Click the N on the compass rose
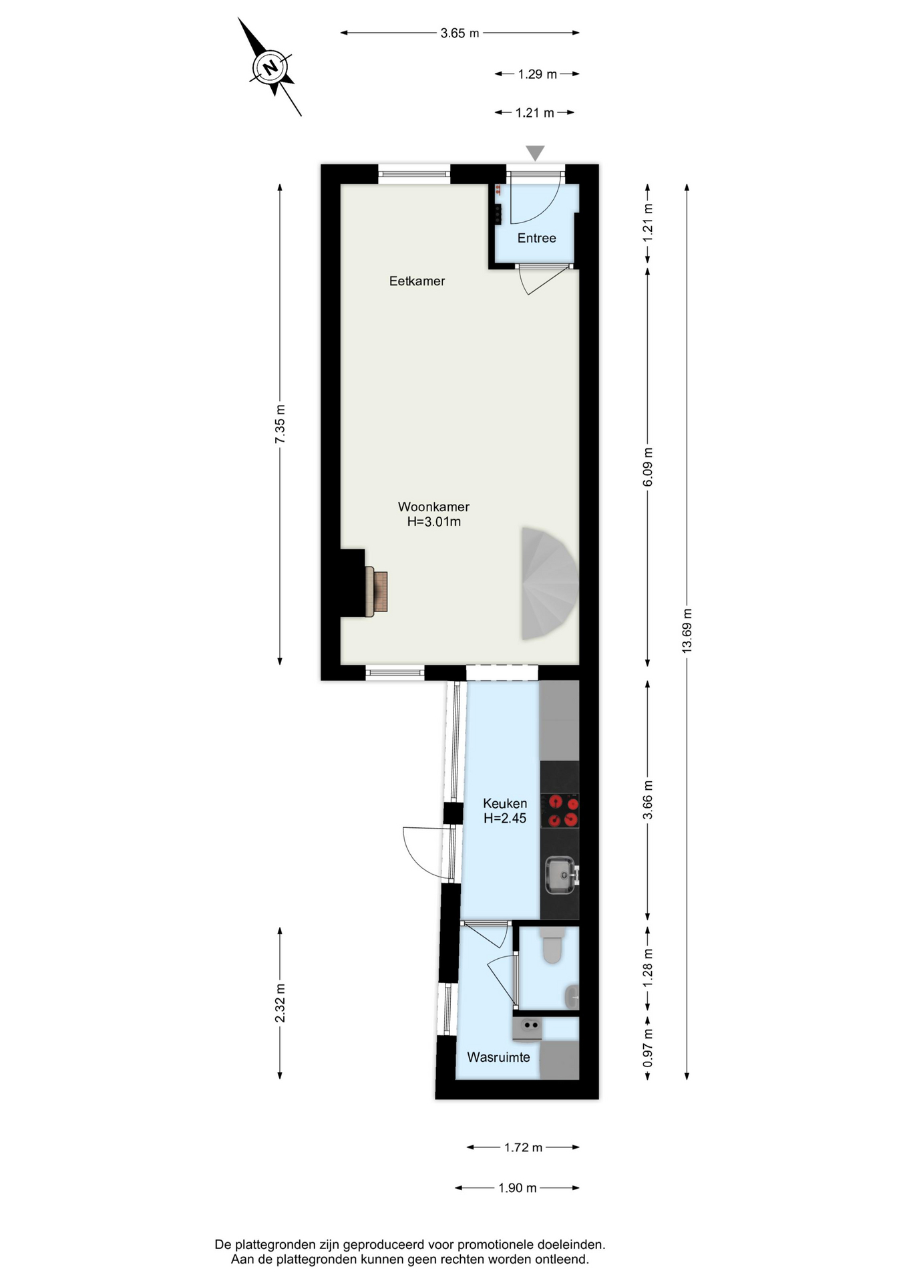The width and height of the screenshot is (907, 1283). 270,67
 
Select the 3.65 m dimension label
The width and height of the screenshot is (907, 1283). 460,33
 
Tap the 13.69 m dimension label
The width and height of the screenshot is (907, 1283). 687,631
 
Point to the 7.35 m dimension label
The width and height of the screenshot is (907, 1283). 280,424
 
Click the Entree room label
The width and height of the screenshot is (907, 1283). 536,238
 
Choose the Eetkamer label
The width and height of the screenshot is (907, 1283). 417,281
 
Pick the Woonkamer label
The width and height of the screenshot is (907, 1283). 433,507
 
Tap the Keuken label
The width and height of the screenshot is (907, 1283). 505,803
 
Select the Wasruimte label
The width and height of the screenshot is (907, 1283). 498,1057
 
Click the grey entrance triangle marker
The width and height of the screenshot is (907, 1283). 535,152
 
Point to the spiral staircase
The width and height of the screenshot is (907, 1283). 550,583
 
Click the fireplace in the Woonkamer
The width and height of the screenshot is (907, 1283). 377,591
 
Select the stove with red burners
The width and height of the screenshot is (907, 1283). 560,810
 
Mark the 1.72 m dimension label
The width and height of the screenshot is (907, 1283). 523,1147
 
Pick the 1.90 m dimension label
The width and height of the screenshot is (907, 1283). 518,1188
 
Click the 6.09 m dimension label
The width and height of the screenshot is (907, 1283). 647,467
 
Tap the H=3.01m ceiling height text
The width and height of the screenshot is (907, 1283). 434,522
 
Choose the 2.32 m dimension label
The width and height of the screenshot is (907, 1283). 280,1002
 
